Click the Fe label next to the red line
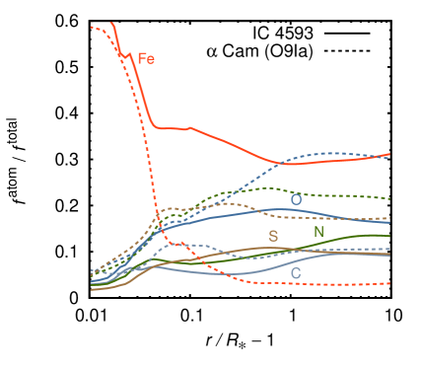coord(146,59)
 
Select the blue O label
coord(296,200)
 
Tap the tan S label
coord(273,237)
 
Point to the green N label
coord(318,232)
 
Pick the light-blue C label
coord(295,272)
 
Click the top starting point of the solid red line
coord(112,22)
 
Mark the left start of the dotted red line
coord(92,28)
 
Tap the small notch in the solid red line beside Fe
coord(126,55)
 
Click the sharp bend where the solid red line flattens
coord(157,126)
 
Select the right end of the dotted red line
coord(389,283)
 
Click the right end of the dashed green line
coord(389,198)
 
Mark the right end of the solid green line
coord(389,236)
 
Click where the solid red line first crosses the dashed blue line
coord(280,163)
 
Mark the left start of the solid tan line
coord(92,289)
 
